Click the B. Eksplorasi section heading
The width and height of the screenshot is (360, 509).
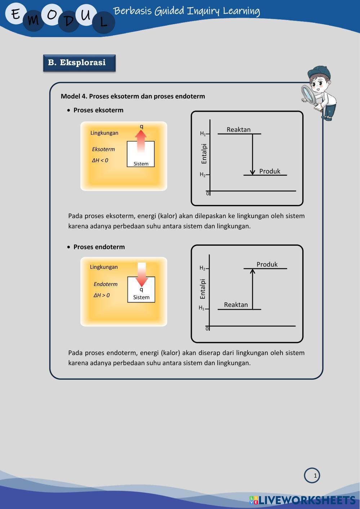click(x=79, y=63)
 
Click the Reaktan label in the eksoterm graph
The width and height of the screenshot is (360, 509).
click(x=239, y=130)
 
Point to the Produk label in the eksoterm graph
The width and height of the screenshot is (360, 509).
click(x=270, y=171)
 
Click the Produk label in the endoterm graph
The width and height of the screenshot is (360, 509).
click(x=267, y=264)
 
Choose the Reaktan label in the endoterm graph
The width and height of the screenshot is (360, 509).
click(x=236, y=305)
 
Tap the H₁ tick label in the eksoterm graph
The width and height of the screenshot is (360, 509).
click(x=203, y=134)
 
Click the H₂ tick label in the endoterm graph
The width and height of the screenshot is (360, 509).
click(x=202, y=268)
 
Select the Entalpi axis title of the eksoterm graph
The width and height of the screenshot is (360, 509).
click(x=204, y=154)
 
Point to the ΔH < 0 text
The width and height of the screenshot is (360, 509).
click(x=100, y=160)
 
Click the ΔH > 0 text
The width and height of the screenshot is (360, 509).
click(x=102, y=295)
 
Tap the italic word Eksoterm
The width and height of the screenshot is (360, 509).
click(x=103, y=149)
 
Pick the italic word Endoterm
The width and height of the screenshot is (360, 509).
click(x=106, y=284)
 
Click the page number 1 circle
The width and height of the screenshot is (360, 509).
click(x=312, y=475)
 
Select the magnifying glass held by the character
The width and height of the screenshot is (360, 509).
click(x=308, y=94)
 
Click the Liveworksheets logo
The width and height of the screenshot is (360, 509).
click(x=302, y=500)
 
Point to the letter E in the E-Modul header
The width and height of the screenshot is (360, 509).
click(x=15, y=14)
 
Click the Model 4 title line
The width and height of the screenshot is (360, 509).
click(x=133, y=97)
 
